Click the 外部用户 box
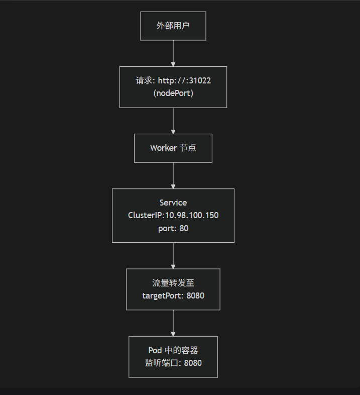(x=173, y=26)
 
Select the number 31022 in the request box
(x=200, y=80)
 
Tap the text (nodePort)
(x=173, y=93)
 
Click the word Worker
(x=163, y=148)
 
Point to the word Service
(x=173, y=203)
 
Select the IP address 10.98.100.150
(x=192, y=215)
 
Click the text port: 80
(x=173, y=228)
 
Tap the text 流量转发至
(x=173, y=283)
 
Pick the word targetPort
(x=163, y=295)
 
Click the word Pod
(x=155, y=350)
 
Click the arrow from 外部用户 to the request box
(x=173, y=53)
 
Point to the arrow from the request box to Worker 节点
(x=173, y=121)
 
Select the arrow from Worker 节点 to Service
(x=173, y=175)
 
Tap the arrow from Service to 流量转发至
(x=173, y=255)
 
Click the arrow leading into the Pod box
(x=173, y=323)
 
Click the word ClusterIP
(x=146, y=215)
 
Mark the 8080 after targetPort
(x=195, y=295)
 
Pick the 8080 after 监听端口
(x=193, y=363)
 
